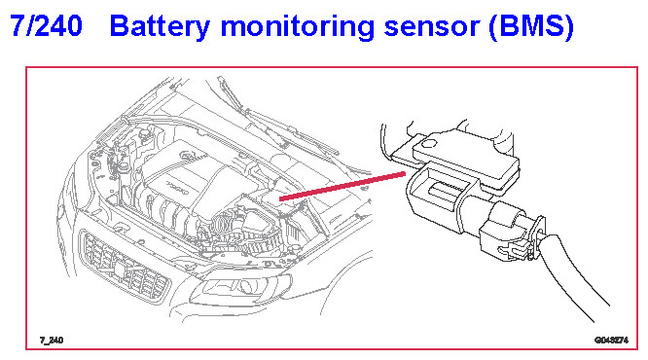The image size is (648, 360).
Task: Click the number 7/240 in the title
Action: [46, 25]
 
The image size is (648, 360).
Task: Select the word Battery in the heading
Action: [160, 27]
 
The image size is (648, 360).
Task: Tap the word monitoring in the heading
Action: [298, 27]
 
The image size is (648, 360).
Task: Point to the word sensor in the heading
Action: [431, 27]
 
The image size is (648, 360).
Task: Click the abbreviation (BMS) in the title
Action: [531, 27]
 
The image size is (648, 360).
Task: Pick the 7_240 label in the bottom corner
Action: [52, 341]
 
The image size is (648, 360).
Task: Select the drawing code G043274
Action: [611, 341]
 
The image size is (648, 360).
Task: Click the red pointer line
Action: [342, 187]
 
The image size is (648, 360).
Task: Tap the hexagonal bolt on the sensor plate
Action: [428, 145]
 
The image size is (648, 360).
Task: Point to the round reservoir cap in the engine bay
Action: [144, 134]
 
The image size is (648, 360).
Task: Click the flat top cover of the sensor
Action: [466, 154]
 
